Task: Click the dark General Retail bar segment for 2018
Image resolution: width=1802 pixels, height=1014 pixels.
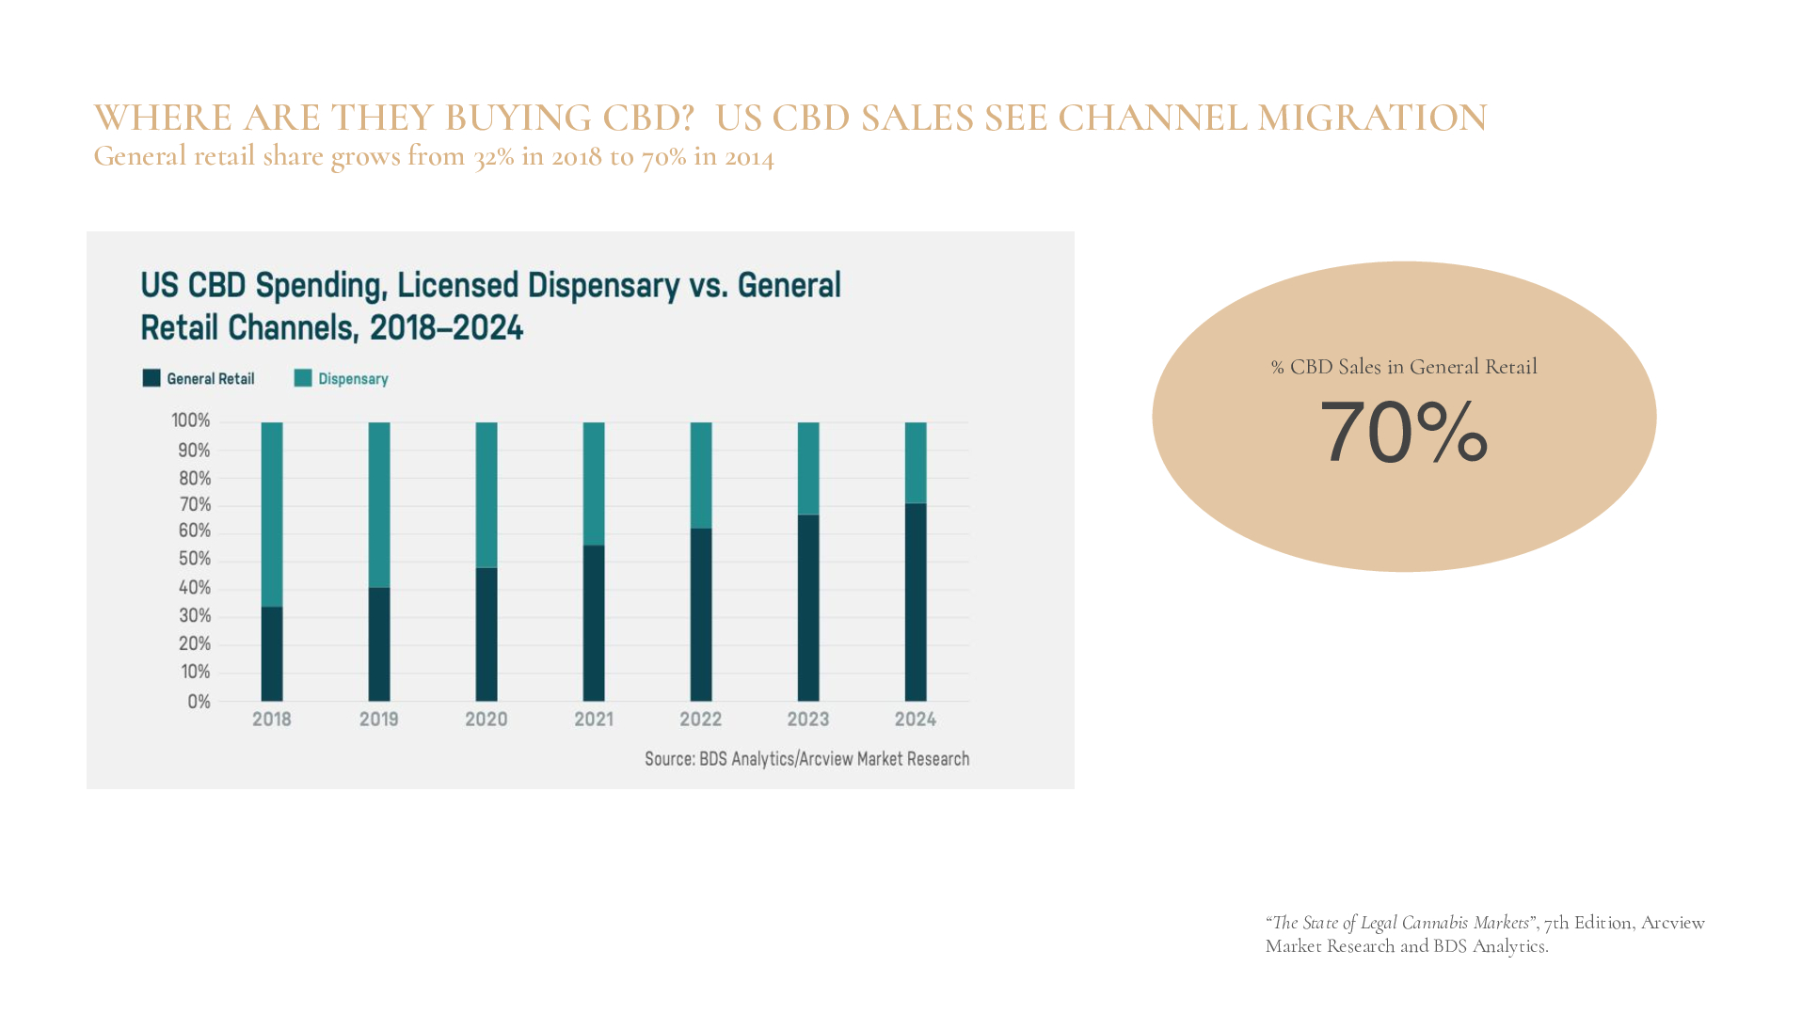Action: tap(271, 654)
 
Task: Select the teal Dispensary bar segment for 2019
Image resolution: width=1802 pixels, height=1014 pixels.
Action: tap(378, 504)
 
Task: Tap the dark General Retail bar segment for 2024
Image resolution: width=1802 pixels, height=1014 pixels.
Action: tap(915, 602)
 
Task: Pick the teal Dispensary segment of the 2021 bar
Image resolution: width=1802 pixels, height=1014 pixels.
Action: tap(593, 483)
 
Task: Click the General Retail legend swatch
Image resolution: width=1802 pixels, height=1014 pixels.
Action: tap(151, 378)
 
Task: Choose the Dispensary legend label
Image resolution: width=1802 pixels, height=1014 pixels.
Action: tap(353, 379)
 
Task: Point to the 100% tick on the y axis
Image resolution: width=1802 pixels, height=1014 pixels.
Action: tap(191, 420)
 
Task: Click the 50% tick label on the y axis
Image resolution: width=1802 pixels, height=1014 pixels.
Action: tap(195, 559)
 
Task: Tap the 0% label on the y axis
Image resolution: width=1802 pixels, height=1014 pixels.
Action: tap(199, 702)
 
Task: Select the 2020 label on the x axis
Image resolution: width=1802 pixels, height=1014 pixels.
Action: tap(486, 720)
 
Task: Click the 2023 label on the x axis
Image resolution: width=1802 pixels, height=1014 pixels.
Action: tap(807, 720)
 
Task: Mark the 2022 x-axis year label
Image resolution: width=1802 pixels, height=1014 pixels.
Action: tap(700, 720)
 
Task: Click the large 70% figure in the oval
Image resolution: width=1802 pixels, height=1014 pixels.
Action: tap(1403, 433)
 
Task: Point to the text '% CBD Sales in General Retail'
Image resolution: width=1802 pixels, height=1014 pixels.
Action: tap(1403, 367)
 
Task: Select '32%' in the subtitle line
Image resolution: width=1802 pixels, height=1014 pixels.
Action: tap(493, 156)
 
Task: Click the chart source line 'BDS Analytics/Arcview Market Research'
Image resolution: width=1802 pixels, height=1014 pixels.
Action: tap(834, 759)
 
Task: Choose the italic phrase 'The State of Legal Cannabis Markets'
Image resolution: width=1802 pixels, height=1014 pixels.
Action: tap(1400, 923)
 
